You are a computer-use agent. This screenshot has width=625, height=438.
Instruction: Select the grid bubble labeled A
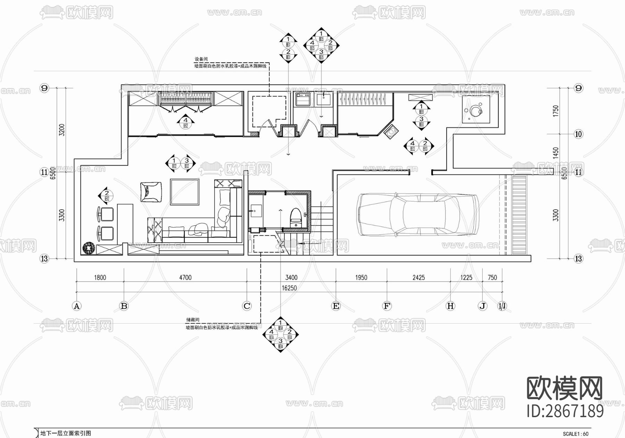(76, 306)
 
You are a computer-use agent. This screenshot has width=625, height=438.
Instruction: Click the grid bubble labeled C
(247, 306)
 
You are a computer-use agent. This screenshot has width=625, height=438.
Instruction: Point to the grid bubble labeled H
(450, 306)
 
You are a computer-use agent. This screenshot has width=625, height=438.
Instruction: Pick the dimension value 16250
(289, 288)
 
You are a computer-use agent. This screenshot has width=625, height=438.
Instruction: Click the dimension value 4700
(185, 277)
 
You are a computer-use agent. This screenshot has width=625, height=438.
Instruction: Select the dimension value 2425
(418, 277)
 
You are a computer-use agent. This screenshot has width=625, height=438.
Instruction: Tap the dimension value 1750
(556, 111)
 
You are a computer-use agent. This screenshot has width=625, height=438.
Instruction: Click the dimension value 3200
(62, 130)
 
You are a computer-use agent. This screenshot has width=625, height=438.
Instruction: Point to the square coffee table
(185, 192)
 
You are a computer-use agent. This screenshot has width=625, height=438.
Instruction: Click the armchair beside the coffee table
(151, 192)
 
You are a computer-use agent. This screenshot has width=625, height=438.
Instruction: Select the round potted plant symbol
(89, 248)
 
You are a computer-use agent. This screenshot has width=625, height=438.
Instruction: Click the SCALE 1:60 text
(575, 434)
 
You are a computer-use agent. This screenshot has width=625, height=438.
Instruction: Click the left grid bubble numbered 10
(578, 134)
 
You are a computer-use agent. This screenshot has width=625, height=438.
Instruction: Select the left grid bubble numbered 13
(44, 259)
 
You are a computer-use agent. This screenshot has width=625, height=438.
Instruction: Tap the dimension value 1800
(100, 277)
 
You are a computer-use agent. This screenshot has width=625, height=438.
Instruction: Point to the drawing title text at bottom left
(66, 433)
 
